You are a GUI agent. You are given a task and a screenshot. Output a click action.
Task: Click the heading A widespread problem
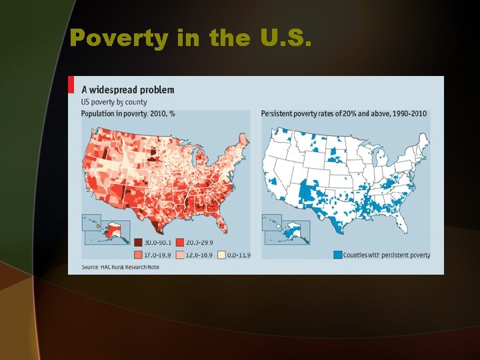pos(127,89)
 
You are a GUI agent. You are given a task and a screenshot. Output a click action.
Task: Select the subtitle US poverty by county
pos(114,102)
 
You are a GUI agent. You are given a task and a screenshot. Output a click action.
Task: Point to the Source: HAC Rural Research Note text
pos(127,267)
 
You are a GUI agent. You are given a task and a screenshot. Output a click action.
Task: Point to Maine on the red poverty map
pos(244,142)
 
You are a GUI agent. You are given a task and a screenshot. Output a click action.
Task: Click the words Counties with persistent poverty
pos(387,255)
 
